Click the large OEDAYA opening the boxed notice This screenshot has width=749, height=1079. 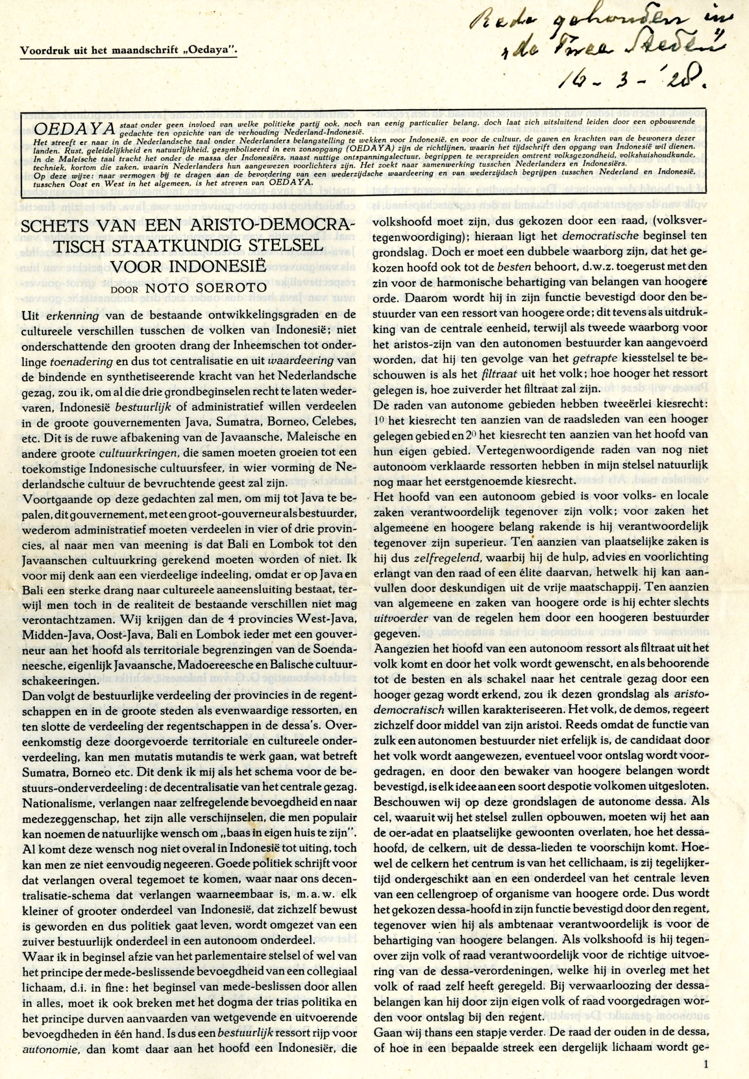tap(58, 127)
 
